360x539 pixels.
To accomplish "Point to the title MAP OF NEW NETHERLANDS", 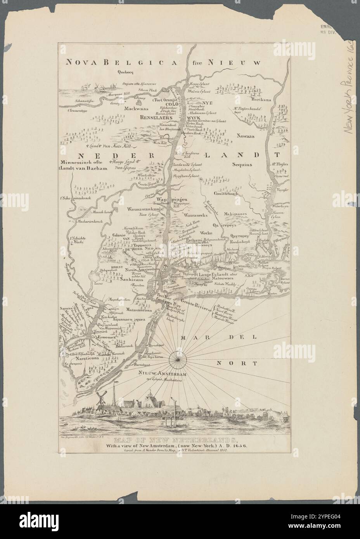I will click(179, 439).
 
